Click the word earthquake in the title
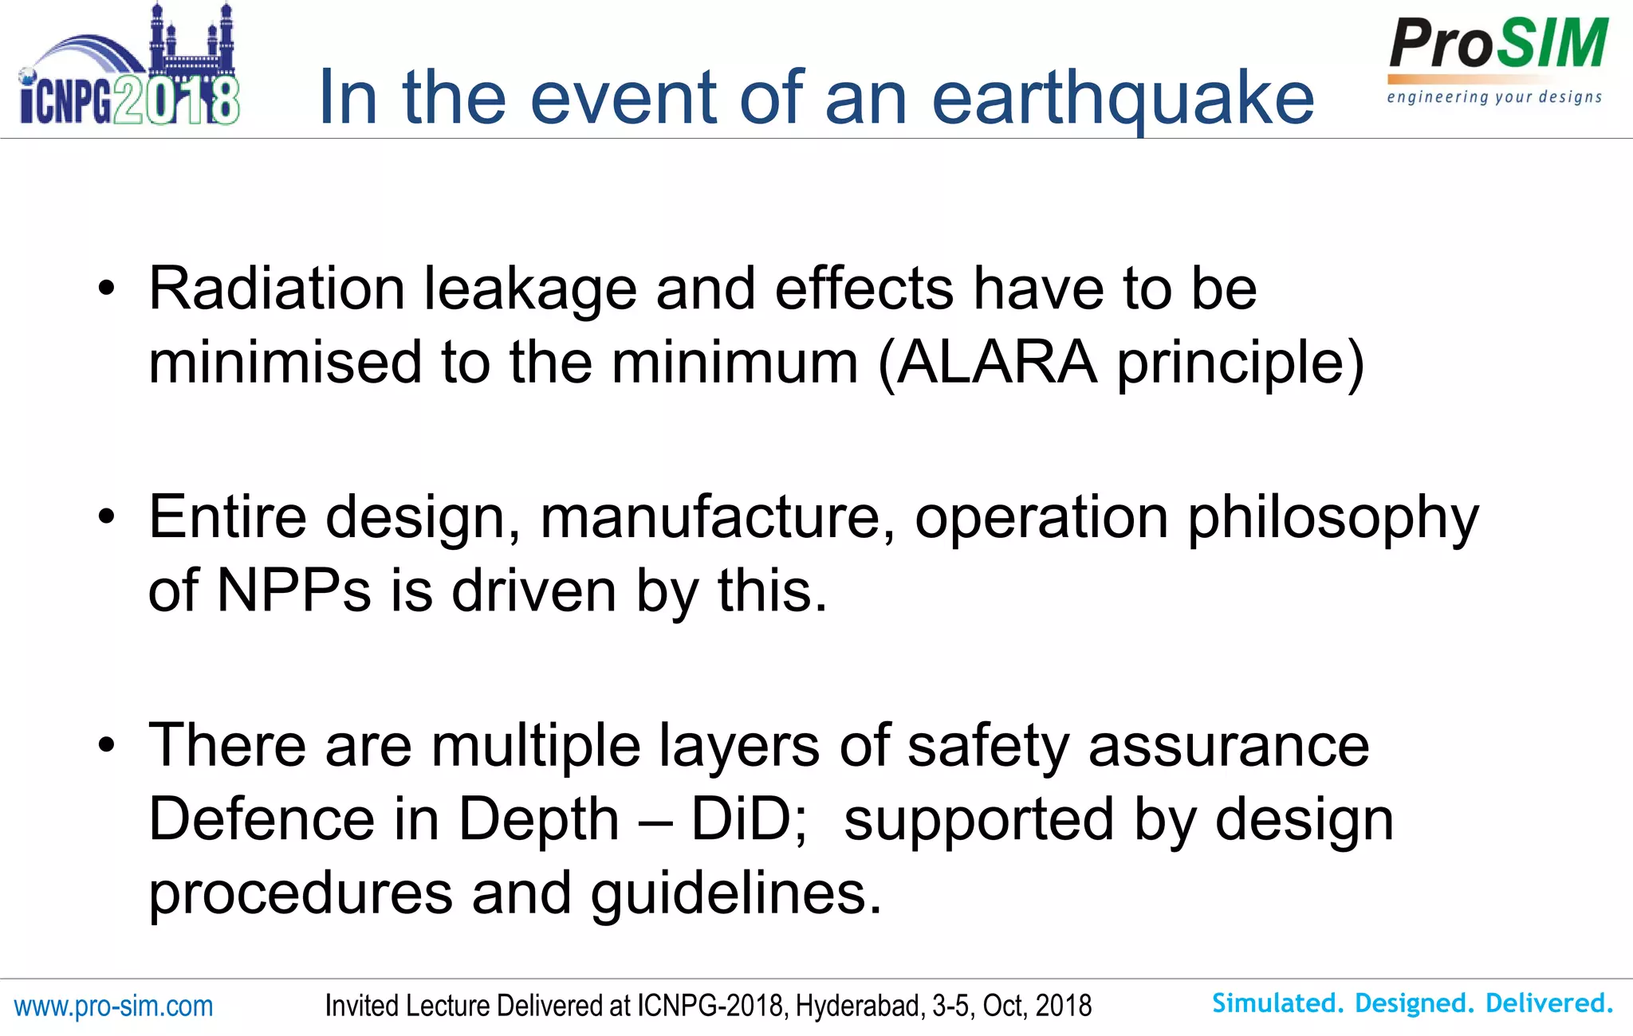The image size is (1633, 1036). pyautogui.click(x=1123, y=99)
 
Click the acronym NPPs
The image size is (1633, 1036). pyautogui.click(x=293, y=591)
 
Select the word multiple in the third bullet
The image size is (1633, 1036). pyautogui.click(x=536, y=746)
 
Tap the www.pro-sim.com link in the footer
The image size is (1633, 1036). pyautogui.click(x=113, y=1007)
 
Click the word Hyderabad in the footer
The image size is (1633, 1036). pyautogui.click(x=860, y=1007)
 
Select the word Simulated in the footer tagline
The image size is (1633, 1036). pyautogui.click(x=1277, y=1003)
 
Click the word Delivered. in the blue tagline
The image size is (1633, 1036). pyautogui.click(x=1549, y=1003)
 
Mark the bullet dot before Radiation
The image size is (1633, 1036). pyautogui.click(x=107, y=290)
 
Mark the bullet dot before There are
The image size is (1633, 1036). pyautogui.click(x=107, y=746)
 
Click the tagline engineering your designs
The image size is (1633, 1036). pyautogui.click(x=1494, y=98)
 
